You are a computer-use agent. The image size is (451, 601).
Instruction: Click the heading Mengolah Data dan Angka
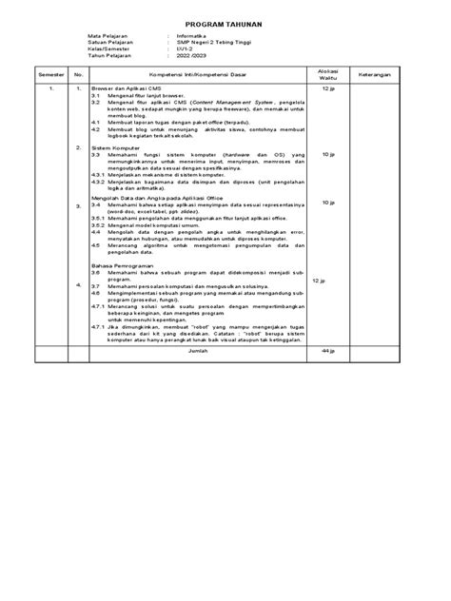[147, 198]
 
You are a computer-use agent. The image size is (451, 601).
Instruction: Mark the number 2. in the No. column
[78, 148]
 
